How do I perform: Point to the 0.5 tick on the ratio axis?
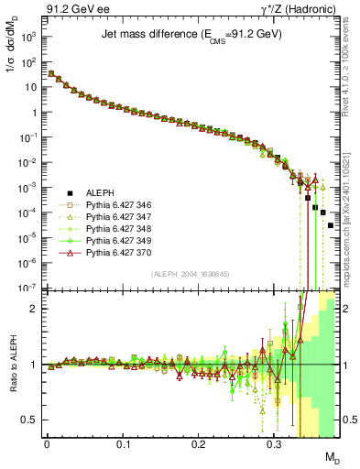30,420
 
